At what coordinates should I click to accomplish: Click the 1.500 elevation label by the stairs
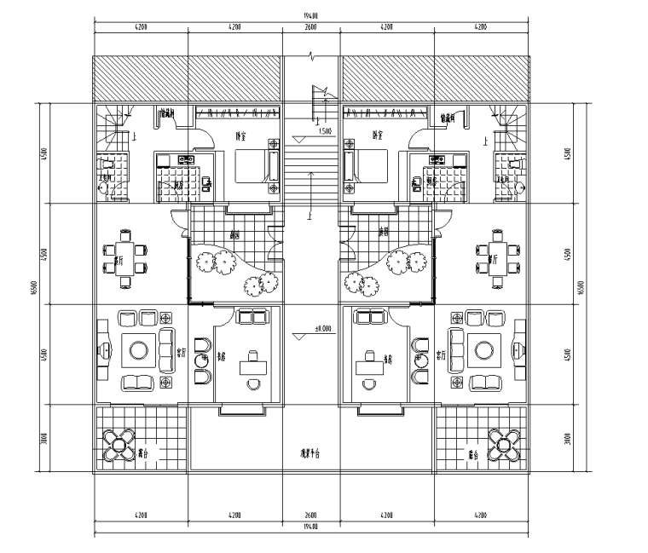point(325,131)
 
